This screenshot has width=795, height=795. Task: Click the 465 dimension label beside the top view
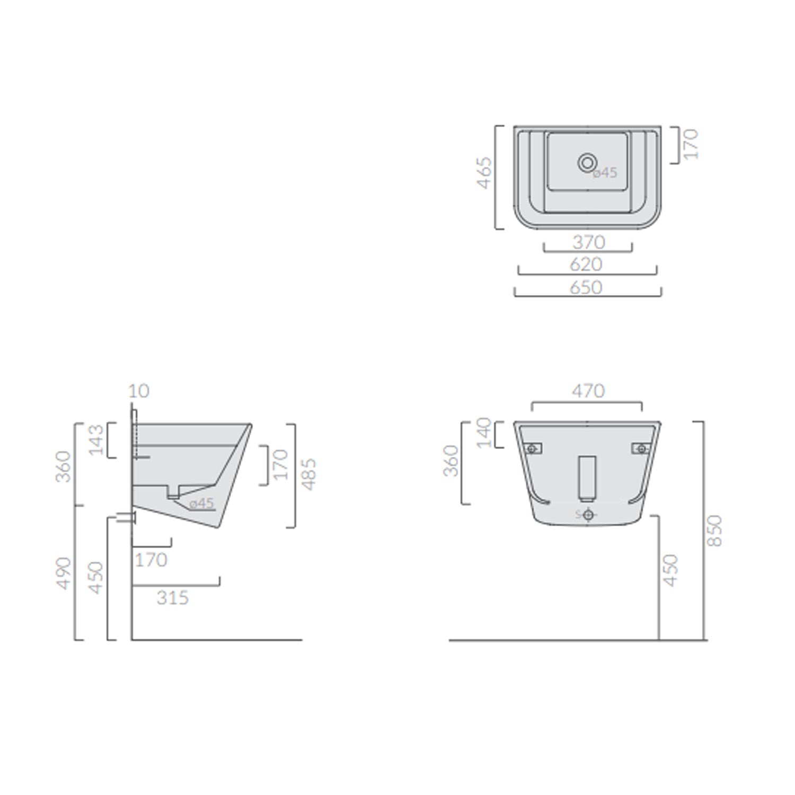pos(484,173)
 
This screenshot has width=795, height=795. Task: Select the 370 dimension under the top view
pos(588,242)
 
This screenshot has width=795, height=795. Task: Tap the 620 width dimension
pos(586,264)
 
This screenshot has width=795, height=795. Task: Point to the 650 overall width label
pos(586,287)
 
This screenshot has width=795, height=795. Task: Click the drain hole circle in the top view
pos(587,163)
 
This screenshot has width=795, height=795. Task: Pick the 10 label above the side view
pos(139,391)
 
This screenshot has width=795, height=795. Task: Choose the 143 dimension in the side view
pos(96,440)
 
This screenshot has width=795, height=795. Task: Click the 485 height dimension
pos(308,474)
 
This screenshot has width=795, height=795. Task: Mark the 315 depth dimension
pos(173,598)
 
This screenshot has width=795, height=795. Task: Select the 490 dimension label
pos(64,572)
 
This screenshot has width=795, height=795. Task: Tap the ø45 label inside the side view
pos(201,503)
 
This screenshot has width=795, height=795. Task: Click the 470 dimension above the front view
pos(588,391)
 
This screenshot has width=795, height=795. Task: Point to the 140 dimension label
pos(484,433)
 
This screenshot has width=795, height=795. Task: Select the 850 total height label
pos(715,531)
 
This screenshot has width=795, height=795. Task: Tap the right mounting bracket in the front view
pos(641,449)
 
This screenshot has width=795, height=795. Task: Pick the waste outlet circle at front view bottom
pos(588,515)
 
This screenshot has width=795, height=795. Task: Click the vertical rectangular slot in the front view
pos(587,478)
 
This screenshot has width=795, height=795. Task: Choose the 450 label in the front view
pos(670,570)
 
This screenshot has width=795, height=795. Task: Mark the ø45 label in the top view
pos(605,173)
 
